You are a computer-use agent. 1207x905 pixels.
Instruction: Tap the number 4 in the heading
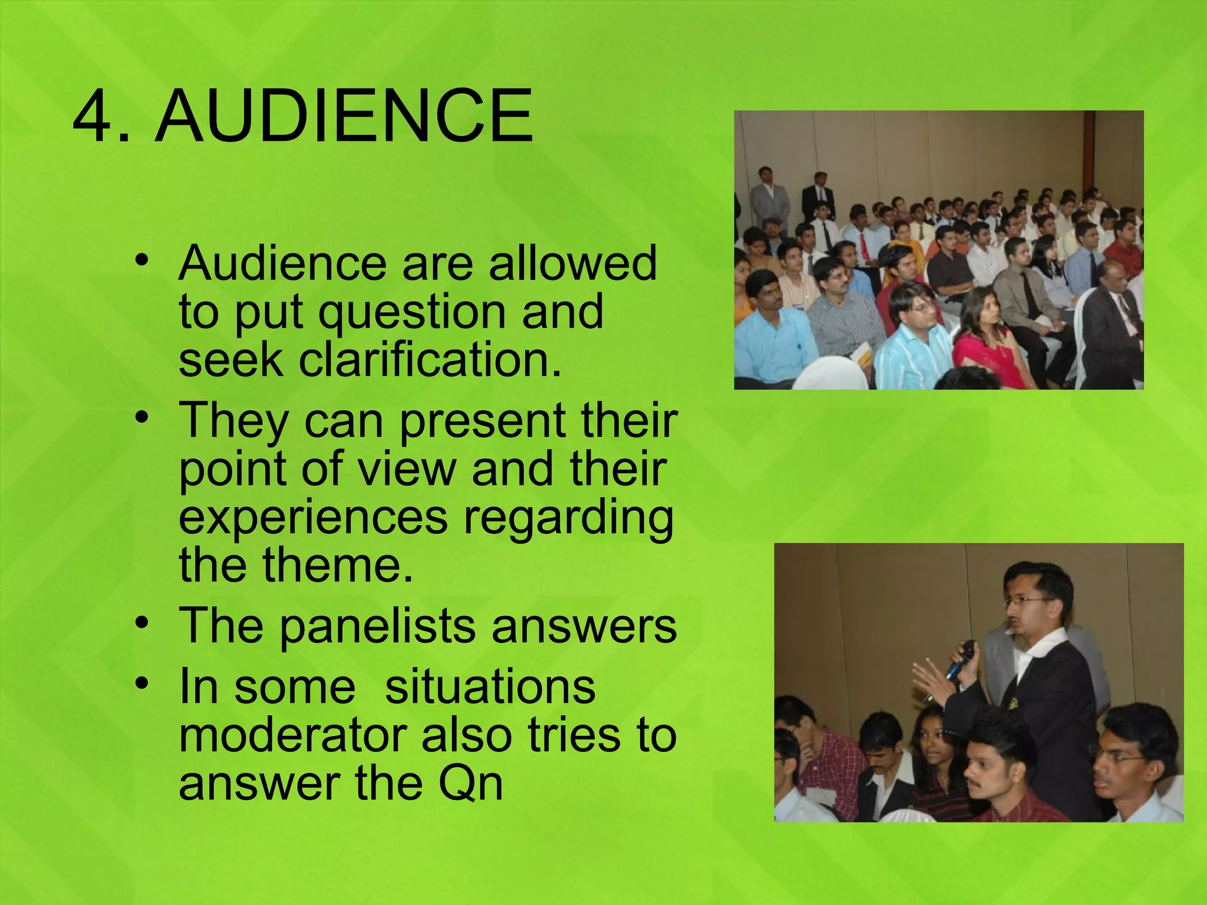(x=94, y=115)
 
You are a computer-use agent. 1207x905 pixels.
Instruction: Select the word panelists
(x=377, y=627)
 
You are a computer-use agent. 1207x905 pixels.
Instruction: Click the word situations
(x=490, y=687)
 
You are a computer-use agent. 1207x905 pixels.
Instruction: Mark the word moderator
(x=293, y=735)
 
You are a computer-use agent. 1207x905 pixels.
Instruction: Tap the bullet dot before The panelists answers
(x=141, y=622)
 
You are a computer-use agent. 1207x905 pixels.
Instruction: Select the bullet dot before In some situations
(x=141, y=683)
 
